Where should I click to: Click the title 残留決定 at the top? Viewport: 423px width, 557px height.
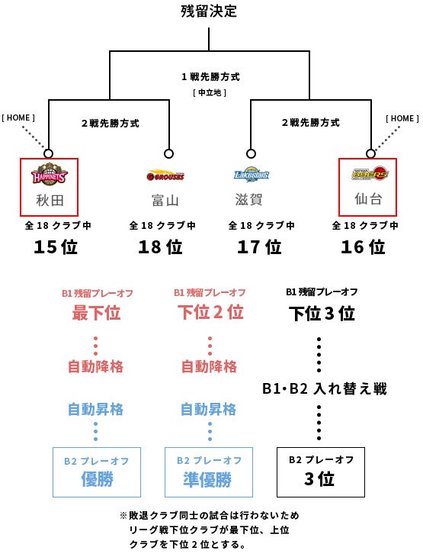[x=209, y=11]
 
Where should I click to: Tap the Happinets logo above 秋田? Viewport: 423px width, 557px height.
[x=49, y=174]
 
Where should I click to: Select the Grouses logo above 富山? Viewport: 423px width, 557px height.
[x=165, y=175]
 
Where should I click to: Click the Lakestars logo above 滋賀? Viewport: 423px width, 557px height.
[x=252, y=175]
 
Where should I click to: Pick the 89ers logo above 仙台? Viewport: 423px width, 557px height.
[x=370, y=173]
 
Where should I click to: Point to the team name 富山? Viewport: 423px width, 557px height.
[x=165, y=201]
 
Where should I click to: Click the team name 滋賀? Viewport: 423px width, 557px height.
[x=248, y=199]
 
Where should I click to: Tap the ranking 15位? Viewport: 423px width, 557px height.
[x=56, y=246]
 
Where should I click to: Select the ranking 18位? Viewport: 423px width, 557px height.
[x=160, y=246]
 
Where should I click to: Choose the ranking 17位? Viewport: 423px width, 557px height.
[x=259, y=246]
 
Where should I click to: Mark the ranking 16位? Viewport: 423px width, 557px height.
[x=363, y=246]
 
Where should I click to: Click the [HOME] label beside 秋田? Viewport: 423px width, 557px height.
[x=18, y=118]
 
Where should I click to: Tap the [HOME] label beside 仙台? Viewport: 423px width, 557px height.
[x=402, y=118]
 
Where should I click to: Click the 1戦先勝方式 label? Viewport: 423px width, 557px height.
[x=211, y=77]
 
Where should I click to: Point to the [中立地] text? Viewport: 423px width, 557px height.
[x=210, y=93]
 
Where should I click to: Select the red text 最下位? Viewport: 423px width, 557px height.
[x=97, y=313]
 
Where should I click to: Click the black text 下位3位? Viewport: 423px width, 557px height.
[x=322, y=314]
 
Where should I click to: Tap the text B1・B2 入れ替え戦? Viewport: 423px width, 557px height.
[x=325, y=388]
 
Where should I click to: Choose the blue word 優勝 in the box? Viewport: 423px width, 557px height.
[x=97, y=479]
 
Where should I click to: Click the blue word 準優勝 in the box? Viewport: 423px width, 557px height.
[x=207, y=479]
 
